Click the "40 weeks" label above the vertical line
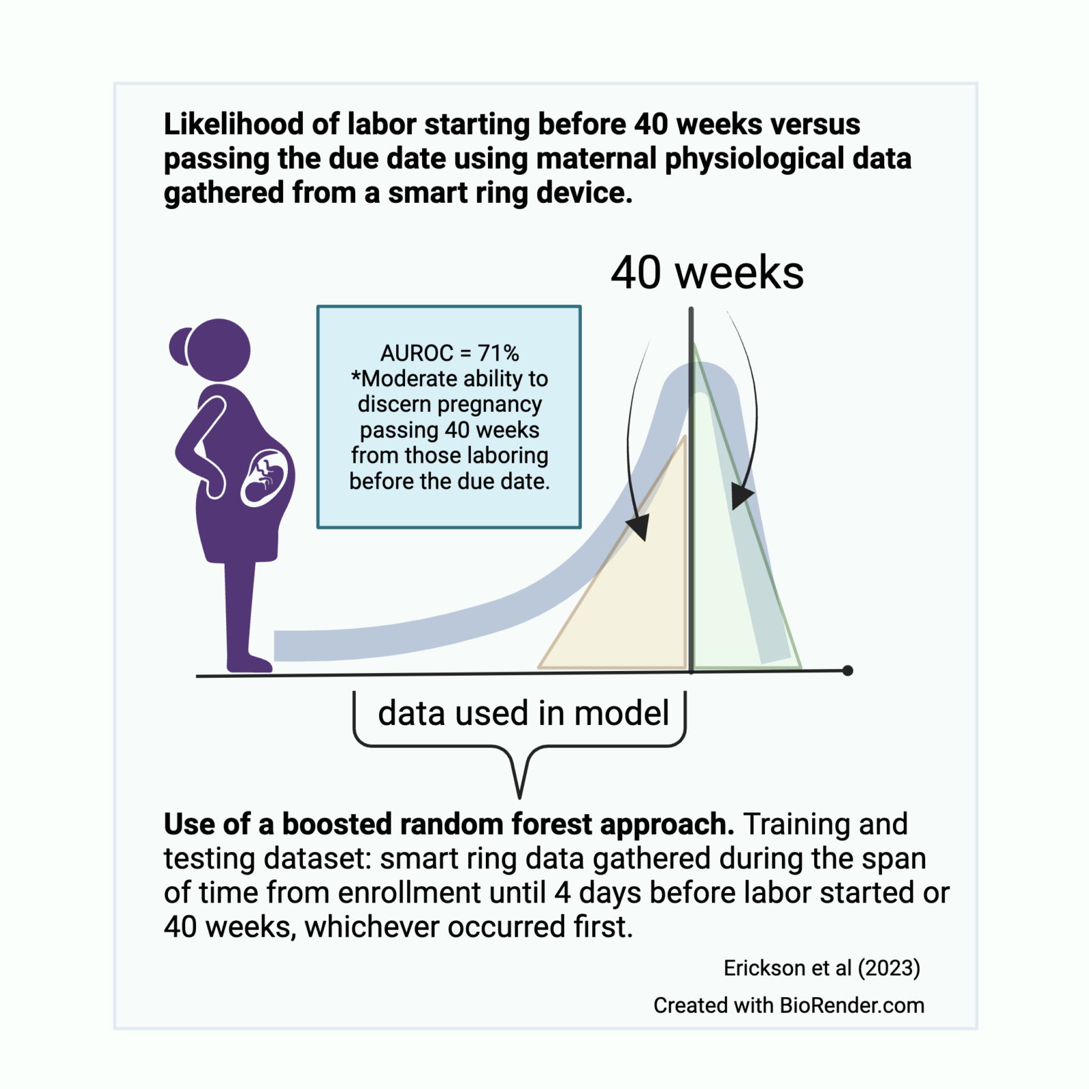706,273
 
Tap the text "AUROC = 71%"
449,353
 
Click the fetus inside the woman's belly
265,476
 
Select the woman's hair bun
179,346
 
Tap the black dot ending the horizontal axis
847,670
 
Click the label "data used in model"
523,713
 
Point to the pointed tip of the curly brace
519,795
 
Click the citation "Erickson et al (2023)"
822,968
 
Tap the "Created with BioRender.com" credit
788,1005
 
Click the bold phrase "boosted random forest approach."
508,824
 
